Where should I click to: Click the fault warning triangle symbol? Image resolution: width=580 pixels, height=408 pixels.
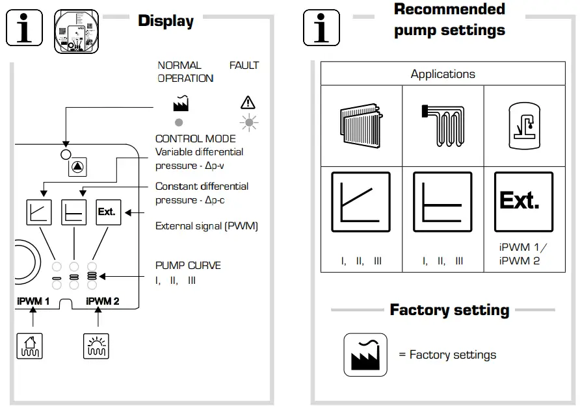(248, 102)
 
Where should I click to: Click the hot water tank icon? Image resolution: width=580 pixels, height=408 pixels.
(524, 126)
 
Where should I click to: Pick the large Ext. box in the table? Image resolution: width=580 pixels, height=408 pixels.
(523, 202)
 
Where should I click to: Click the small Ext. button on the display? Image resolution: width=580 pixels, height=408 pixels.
(106, 212)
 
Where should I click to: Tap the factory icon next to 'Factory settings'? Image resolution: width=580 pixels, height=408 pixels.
(365, 355)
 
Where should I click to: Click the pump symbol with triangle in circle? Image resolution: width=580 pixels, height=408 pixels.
(78, 166)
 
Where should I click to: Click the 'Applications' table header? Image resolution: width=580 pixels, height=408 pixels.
(443, 74)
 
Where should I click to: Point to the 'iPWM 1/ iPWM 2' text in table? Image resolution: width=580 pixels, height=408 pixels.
(523, 255)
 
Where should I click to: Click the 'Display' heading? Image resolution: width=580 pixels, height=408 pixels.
(166, 21)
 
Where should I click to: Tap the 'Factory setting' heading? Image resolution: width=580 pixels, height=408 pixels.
(449, 310)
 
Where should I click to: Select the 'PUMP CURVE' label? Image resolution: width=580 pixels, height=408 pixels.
(188, 266)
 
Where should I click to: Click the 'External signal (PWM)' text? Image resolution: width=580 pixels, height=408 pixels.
(207, 226)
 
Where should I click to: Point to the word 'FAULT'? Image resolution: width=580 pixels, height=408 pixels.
(244, 66)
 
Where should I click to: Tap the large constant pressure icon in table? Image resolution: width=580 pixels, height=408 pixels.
(443, 202)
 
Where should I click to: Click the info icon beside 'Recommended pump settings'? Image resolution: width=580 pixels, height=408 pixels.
(322, 29)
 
